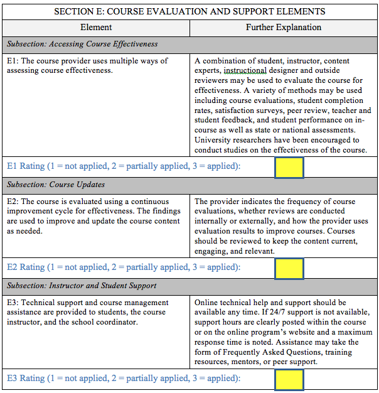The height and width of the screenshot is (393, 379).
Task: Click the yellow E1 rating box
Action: (289, 167)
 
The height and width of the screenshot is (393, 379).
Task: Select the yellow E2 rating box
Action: (289, 268)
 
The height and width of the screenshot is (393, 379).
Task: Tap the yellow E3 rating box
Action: (289, 379)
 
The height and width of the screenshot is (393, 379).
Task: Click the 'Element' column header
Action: (96, 28)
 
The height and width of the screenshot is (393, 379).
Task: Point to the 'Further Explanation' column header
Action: (284, 28)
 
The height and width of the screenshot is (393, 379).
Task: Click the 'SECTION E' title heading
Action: (189, 11)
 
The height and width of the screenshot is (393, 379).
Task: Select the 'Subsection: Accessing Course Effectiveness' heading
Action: (82, 45)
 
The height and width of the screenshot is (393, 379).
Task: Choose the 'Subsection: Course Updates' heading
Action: (56, 185)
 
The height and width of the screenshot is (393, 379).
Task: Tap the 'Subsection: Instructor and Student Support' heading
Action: (82, 286)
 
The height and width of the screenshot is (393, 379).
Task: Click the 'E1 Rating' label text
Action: (26, 166)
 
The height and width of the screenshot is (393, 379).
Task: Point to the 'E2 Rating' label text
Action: (26, 267)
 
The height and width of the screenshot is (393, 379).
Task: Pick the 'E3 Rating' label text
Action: (26, 379)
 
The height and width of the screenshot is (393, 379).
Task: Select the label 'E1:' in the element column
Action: (13, 62)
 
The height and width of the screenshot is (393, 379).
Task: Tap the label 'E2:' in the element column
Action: (13, 202)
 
